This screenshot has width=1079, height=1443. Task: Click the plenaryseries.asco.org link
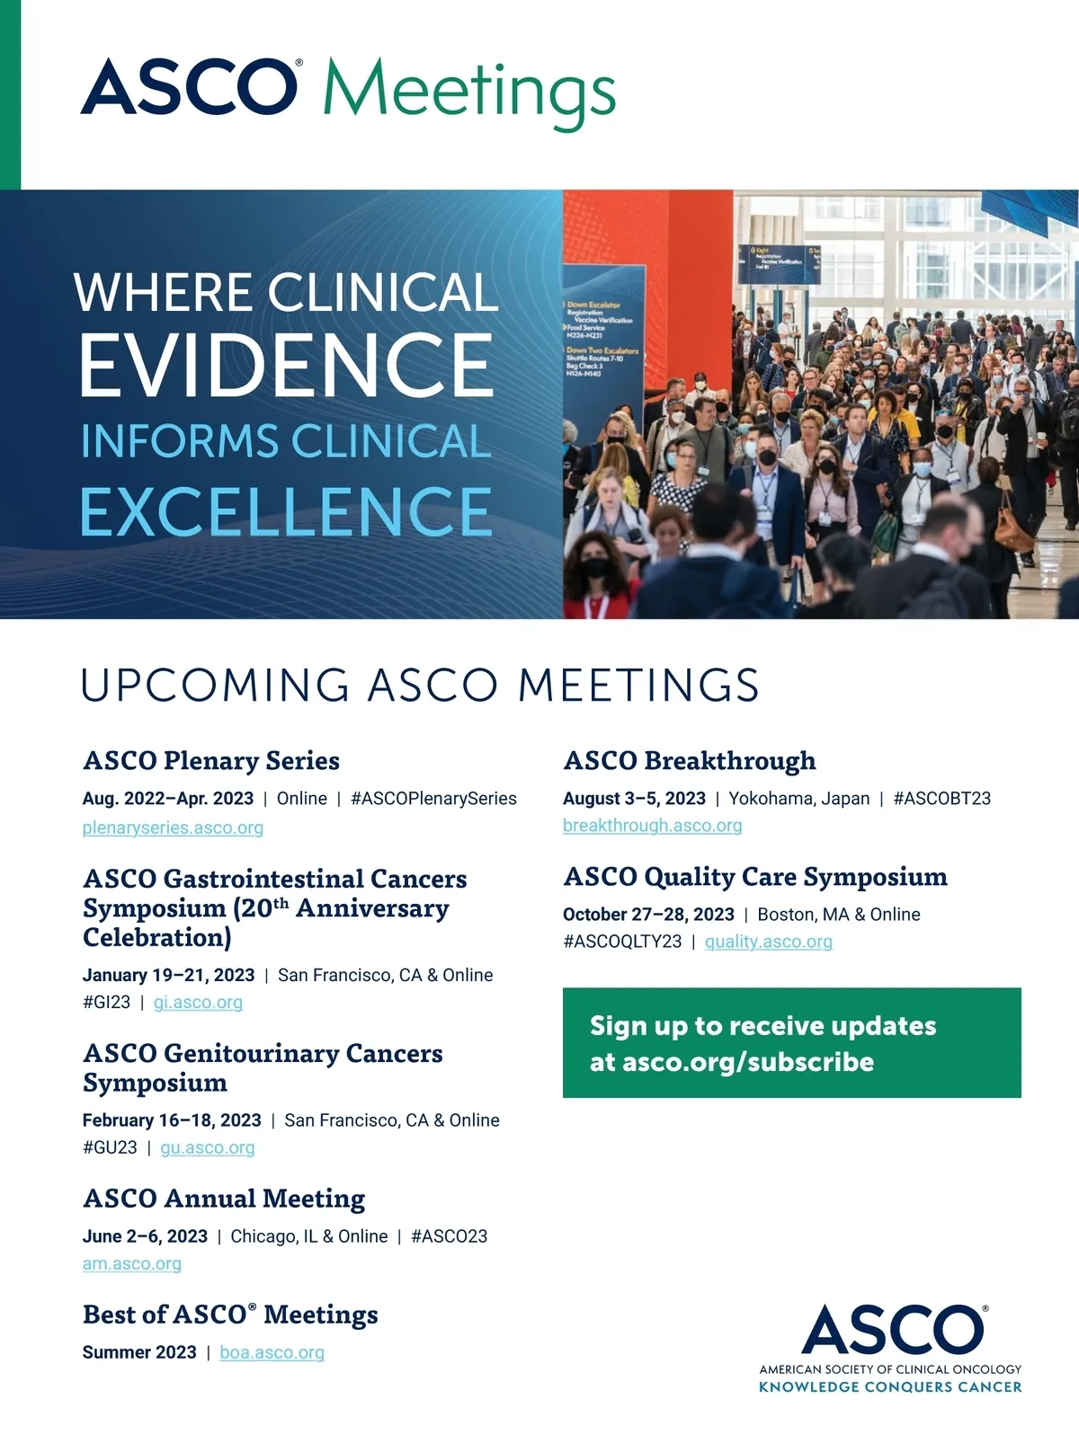[x=173, y=828]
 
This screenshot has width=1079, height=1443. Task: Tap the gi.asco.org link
[x=198, y=1003]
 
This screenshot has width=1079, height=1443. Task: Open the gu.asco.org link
[x=207, y=1147]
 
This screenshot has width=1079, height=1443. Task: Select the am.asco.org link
[x=131, y=1264]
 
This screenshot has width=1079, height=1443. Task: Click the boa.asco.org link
[x=272, y=1353]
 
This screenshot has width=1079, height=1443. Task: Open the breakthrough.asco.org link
[x=652, y=826]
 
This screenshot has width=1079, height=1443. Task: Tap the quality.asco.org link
[x=769, y=942]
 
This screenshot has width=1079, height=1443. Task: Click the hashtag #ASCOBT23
[x=941, y=799]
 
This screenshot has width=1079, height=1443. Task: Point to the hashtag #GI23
[x=107, y=1003]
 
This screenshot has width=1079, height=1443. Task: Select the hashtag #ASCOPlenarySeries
[x=433, y=799]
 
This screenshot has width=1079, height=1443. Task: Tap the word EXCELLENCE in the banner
[x=286, y=511]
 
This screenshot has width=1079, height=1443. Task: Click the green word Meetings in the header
[x=469, y=92]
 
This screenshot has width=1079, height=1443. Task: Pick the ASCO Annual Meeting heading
[x=224, y=1199]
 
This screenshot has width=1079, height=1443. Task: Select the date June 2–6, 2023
[x=145, y=1236]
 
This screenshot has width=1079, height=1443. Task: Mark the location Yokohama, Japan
[x=798, y=799]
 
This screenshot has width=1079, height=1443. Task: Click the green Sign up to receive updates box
[x=791, y=1043]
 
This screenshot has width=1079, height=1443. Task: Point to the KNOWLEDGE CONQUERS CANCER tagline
[x=890, y=1387]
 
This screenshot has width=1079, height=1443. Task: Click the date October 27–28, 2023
[x=648, y=915]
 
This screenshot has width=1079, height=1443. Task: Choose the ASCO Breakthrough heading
[x=690, y=761]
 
